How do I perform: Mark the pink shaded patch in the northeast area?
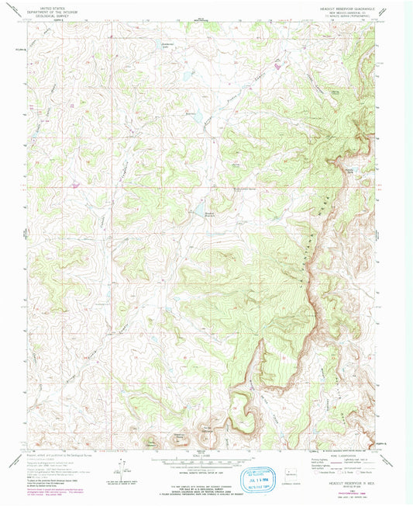pyautogui.click(x=277, y=68)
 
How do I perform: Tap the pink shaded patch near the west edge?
pyautogui.click(x=75, y=184)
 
